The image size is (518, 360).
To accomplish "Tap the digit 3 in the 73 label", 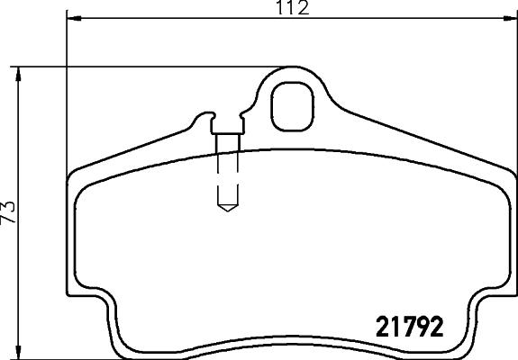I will pos(10,205).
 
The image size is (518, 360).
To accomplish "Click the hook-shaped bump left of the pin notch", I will pos(203,118).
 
